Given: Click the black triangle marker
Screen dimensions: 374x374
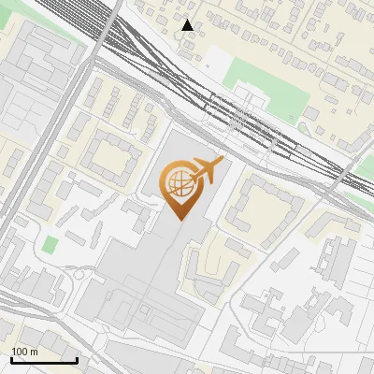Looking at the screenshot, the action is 188,25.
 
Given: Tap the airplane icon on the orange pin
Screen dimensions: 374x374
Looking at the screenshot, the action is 207,170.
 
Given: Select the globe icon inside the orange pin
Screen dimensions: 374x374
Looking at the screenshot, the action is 179,182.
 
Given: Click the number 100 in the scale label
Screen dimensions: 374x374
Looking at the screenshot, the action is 19,352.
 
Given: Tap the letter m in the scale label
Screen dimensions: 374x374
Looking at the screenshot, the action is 34,352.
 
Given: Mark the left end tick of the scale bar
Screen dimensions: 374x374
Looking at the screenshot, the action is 10,359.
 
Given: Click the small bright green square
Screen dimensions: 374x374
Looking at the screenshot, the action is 50,244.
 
